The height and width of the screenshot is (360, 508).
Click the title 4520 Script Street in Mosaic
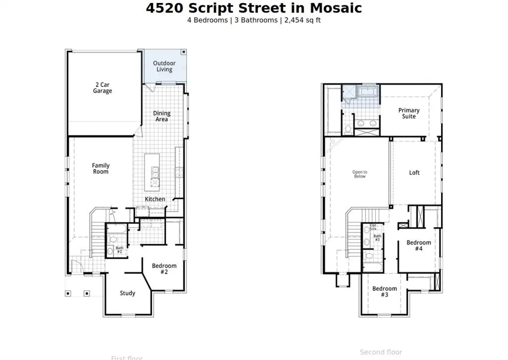tap(254, 8)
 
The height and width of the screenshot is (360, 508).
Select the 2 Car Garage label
tap(102, 88)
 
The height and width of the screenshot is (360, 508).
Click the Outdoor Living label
tap(164, 67)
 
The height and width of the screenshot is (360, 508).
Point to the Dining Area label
tap(162, 116)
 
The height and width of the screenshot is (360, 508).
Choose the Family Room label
tap(101, 169)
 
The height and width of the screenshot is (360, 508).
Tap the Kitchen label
tap(155, 199)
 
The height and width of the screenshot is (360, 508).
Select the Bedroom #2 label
tap(164, 269)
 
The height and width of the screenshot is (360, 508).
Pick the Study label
tap(127, 293)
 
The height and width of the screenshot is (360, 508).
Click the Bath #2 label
tap(119, 250)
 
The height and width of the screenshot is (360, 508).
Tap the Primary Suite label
tap(409, 113)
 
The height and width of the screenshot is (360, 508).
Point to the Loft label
tap(414, 173)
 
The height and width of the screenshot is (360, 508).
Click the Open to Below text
tap(360, 174)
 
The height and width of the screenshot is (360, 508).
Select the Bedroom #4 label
tap(419, 246)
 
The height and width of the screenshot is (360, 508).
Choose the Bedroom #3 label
tap(384, 291)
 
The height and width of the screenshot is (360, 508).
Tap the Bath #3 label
tap(377, 238)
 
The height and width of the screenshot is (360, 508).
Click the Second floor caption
tap(381, 352)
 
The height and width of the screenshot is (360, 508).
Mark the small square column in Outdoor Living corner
tap(184, 52)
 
